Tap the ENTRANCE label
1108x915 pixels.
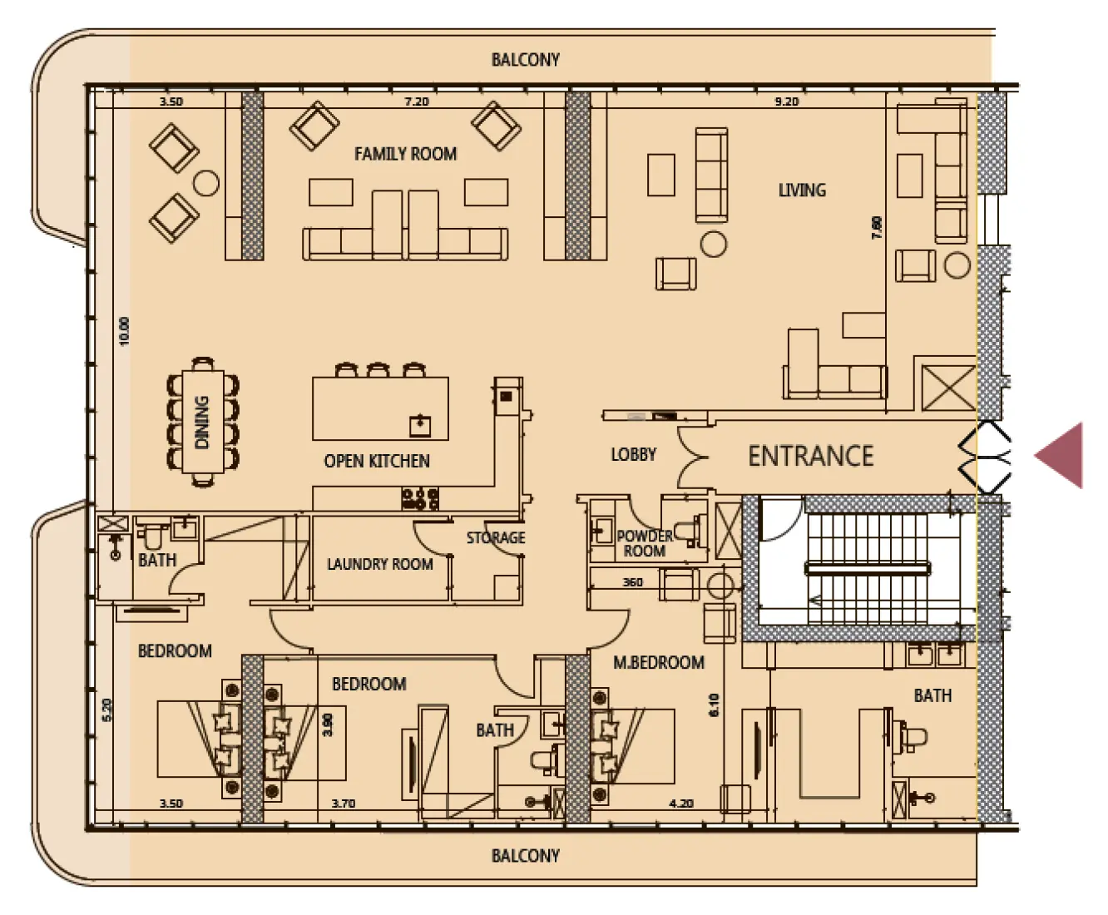point(811,456)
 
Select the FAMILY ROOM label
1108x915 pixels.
point(405,154)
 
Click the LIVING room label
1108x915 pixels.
point(802,190)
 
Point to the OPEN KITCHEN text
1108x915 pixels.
point(377,461)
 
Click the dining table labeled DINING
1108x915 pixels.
point(202,422)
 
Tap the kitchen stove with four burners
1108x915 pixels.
point(420,498)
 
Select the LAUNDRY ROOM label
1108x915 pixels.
point(379,564)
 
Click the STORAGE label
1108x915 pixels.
point(496,537)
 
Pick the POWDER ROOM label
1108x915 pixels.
point(644,543)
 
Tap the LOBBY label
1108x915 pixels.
point(633,454)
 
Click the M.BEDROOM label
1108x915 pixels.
point(658,663)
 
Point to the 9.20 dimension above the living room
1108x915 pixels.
point(786,101)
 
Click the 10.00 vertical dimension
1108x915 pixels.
point(125,331)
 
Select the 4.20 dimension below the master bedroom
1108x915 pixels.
point(680,804)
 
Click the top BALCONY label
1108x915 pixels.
point(525,60)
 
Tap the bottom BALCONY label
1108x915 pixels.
point(525,856)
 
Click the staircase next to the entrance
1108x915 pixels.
point(865,569)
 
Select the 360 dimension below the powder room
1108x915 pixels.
point(632,582)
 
